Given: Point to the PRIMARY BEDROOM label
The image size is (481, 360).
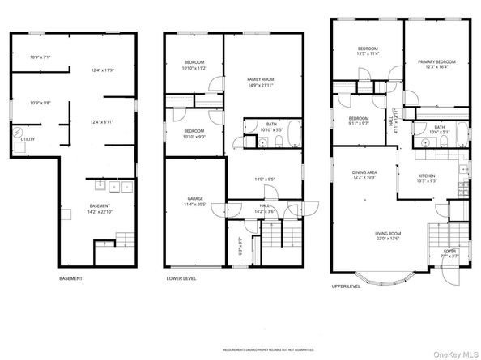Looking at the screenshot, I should point(436,61).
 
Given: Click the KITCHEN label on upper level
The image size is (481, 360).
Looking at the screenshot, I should point(427,176).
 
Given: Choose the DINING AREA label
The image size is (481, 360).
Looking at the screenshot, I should point(364,172).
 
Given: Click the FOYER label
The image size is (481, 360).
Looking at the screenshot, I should point(449,252).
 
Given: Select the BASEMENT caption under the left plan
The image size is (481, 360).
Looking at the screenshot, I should point(70,279).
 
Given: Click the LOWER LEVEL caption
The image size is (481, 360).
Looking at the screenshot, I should point(181,279).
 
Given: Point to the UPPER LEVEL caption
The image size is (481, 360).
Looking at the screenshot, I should point(346,286).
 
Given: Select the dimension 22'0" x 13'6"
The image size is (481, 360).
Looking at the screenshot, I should point(388,239).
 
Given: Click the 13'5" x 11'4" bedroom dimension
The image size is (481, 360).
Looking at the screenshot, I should point(368,54).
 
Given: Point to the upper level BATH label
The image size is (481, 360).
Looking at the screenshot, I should point(439,127).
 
